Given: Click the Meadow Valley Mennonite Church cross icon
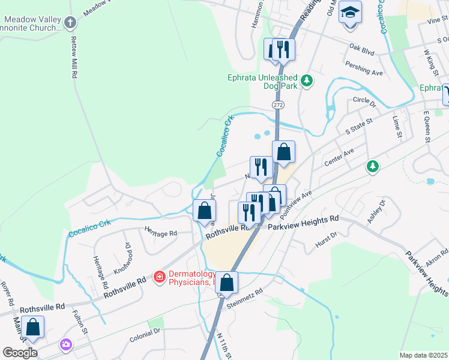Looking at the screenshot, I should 70,23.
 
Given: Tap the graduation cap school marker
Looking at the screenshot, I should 350,11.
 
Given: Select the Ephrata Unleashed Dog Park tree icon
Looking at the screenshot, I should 306,80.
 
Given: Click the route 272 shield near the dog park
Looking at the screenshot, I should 277,104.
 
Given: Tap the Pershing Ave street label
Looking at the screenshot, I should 369,73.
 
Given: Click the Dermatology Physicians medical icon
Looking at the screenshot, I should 159,277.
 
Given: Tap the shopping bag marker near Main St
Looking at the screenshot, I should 34,328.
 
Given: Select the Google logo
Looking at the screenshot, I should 19,353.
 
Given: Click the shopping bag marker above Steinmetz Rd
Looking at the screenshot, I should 227,282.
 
